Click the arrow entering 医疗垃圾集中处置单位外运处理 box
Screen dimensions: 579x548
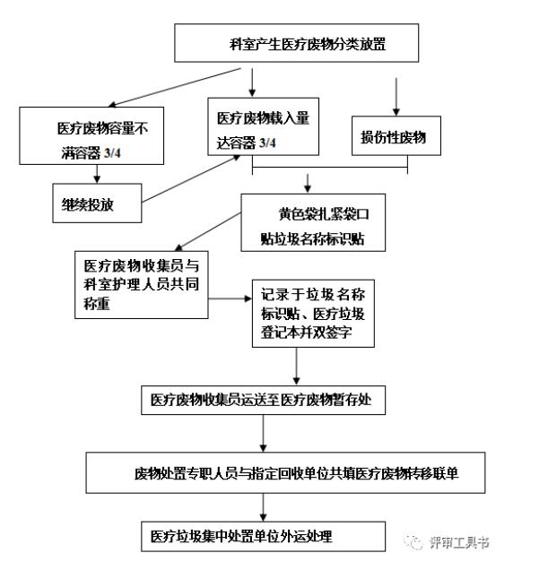pos(264,511)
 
